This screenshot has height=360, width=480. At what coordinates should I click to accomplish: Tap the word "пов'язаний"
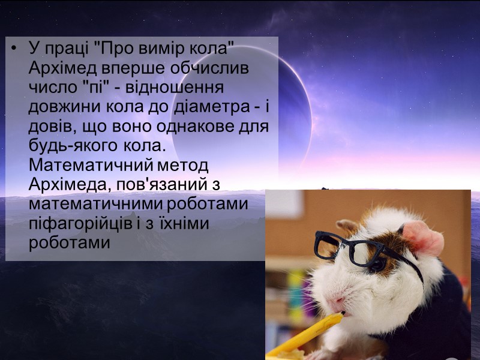point(169,184)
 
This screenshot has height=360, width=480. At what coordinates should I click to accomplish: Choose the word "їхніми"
point(191,223)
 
